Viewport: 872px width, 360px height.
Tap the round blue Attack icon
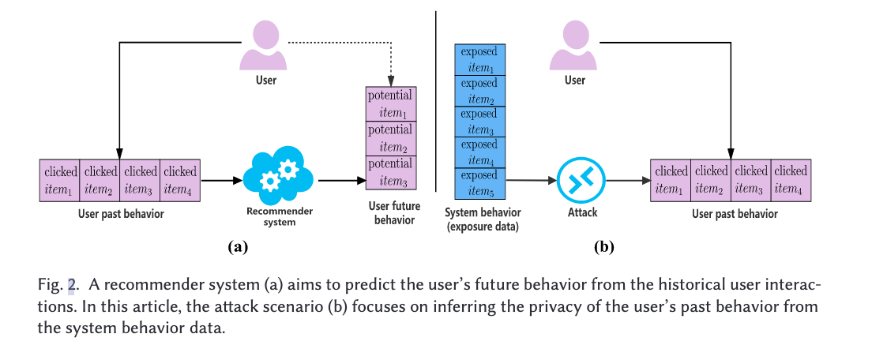click(581, 181)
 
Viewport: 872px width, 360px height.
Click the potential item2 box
click(390, 139)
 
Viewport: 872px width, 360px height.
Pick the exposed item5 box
click(480, 183)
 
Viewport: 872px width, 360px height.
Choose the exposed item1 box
click(480, 59)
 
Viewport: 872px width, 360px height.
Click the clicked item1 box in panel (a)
click(59, 180)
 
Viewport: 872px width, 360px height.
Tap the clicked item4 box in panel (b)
click(791, 180)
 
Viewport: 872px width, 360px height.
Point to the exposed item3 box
click(480, 122)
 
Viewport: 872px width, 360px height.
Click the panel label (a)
click(238, 247)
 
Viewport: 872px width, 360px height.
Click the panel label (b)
click(603, 247)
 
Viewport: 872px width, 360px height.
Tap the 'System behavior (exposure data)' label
click(483, 219)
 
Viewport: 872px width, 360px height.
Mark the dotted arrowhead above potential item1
click(390, 81)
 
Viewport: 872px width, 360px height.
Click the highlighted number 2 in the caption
click(70, 285)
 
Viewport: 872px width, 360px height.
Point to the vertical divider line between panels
click(436, 101)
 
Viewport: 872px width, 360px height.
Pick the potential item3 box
click(390, 173)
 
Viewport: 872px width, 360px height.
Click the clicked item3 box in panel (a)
click(140, 180)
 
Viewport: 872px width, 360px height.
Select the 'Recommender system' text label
click(279, 216)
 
